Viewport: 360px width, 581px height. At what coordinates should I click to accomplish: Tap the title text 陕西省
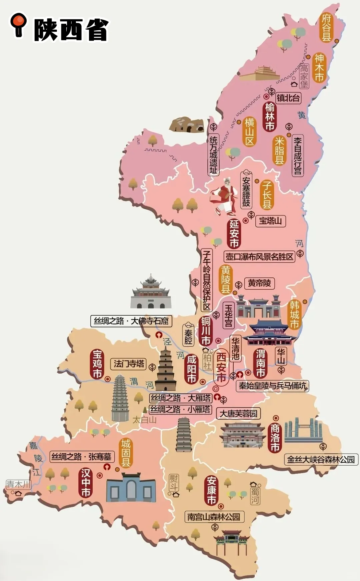point(71,30)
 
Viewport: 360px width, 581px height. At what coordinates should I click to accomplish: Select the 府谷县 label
point(326,27)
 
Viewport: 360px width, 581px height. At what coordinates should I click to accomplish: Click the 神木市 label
point(319,68)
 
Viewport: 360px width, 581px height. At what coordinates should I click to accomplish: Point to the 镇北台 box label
point(288,98)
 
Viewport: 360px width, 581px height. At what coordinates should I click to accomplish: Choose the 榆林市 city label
point(270,117)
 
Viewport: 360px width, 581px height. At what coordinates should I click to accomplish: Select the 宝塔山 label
point(270,221)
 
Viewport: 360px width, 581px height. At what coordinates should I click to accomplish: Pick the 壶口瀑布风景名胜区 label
point(259,257)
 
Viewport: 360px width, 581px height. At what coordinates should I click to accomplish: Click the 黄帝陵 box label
point(259,283)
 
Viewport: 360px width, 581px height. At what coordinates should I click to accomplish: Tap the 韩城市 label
point(294,314)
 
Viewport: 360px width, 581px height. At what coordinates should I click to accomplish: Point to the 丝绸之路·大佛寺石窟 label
point(131,321)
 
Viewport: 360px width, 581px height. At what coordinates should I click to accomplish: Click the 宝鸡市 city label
point(97,364)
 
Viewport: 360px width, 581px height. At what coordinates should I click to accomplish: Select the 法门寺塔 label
point(129,364)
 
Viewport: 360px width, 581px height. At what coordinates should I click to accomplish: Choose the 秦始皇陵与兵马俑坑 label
point(272,386)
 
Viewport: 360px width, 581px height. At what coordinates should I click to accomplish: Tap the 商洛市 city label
point(275,438)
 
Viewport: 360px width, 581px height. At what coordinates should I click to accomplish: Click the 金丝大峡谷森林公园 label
point(321,460)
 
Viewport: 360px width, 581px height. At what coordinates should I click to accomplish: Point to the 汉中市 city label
point(86,482)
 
